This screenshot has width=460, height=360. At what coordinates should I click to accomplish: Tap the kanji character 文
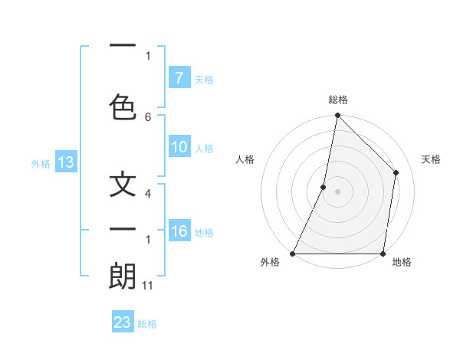[x=123, y=186]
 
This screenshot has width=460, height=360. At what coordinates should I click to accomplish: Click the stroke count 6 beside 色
[x=148, y=117]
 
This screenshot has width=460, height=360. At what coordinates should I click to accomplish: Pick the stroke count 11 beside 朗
[x=149, y=286]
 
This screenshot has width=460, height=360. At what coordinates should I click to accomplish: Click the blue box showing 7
[x=179, y=77]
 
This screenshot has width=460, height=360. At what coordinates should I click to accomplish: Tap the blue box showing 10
[x=179, y=147]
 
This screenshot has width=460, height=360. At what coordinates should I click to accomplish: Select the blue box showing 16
[x=179, y=231]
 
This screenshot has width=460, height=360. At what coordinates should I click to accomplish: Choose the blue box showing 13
[x=65, y=162]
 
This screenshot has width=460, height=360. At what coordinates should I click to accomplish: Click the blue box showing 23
[x=123, y=322]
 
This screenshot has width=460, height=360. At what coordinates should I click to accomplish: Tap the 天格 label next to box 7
[x=204, y=79]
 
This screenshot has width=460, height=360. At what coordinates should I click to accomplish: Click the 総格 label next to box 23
[x=148, y=324]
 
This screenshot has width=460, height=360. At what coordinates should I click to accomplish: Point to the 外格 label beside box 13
[x=41, y=163]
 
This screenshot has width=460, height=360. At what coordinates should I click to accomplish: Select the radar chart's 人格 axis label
[x=245, y=160]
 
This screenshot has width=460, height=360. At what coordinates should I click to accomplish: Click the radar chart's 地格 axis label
[x=402, y=262]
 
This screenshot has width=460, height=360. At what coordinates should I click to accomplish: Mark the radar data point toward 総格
[x=337, y=115]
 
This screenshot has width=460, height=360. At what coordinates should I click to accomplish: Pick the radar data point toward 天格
[x=396, y=172]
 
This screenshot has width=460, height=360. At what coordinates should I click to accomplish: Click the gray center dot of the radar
[x=337, y=191]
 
